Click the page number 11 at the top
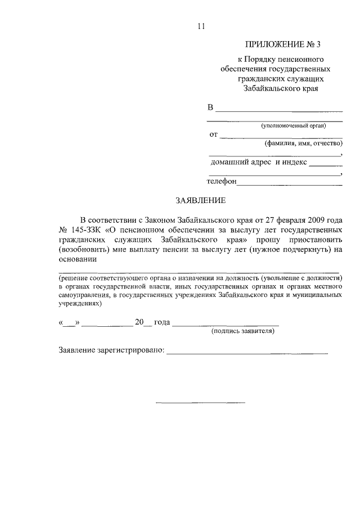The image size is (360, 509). [x=200, y=26]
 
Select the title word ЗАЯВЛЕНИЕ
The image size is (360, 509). [x=201, y=200]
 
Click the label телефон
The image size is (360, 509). [x=222, y=182]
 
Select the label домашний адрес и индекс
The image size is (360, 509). [x=259, y=163]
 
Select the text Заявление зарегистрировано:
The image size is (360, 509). [x=111, y=351]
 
